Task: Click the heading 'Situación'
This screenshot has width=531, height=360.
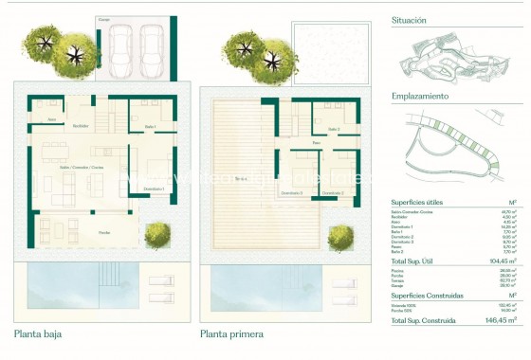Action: (410, 20)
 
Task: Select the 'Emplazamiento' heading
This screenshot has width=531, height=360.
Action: (418, 97)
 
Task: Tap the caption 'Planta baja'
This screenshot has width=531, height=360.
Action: (39, 333)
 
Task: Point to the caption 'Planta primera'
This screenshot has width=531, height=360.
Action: (231, 333)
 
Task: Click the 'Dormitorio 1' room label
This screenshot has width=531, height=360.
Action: (156, 189)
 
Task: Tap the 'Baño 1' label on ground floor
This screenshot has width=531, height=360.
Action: (149, 127)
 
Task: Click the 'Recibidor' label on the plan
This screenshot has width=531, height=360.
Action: (82, 123)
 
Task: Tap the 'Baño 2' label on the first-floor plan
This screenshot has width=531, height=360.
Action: (332, 130)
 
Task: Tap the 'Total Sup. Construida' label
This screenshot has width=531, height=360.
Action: (423, 321)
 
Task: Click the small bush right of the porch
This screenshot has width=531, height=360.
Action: (157, 234)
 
